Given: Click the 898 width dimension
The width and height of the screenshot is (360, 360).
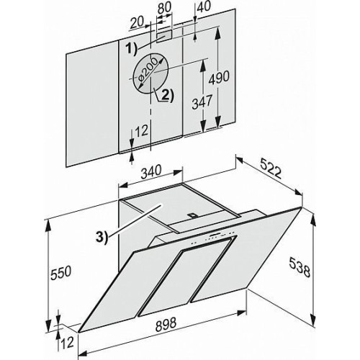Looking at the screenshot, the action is click(x=166, y=324).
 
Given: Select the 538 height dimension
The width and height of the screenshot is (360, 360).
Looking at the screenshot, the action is click(x=300, y=271).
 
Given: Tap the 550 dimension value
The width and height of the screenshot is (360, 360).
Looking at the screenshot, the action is click(x=60, y=273).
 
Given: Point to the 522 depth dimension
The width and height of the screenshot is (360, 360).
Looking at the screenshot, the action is click(x=271, y=168).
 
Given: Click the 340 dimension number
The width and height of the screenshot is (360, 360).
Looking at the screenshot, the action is click(x=151, y=172).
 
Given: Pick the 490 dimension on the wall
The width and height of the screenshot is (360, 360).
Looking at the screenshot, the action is click(x=219, y=78).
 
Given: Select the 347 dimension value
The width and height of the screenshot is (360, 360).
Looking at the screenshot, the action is click(x=202, y=102).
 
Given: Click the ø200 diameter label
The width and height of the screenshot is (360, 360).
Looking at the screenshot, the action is click(x=148, y=71).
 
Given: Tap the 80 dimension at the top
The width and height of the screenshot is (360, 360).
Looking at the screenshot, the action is click(x=165, y=7).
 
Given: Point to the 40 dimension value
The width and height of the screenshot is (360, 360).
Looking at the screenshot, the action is click(x=204, y=6).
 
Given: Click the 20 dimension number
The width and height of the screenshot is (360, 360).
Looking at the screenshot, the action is click(x=136, y=22).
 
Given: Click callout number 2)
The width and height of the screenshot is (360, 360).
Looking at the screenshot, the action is click(x=166, y=96).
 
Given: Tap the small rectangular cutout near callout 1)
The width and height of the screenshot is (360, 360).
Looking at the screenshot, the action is click(x=165, y=36).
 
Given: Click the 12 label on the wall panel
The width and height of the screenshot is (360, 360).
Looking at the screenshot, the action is click(x=141, y=131).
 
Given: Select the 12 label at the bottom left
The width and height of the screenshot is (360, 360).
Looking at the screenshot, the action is click(x=68, y=343).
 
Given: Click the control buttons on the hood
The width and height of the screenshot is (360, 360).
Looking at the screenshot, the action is click(x=214, y=238).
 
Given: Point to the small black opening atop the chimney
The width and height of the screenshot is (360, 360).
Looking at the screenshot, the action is click(x=192, y=215).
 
